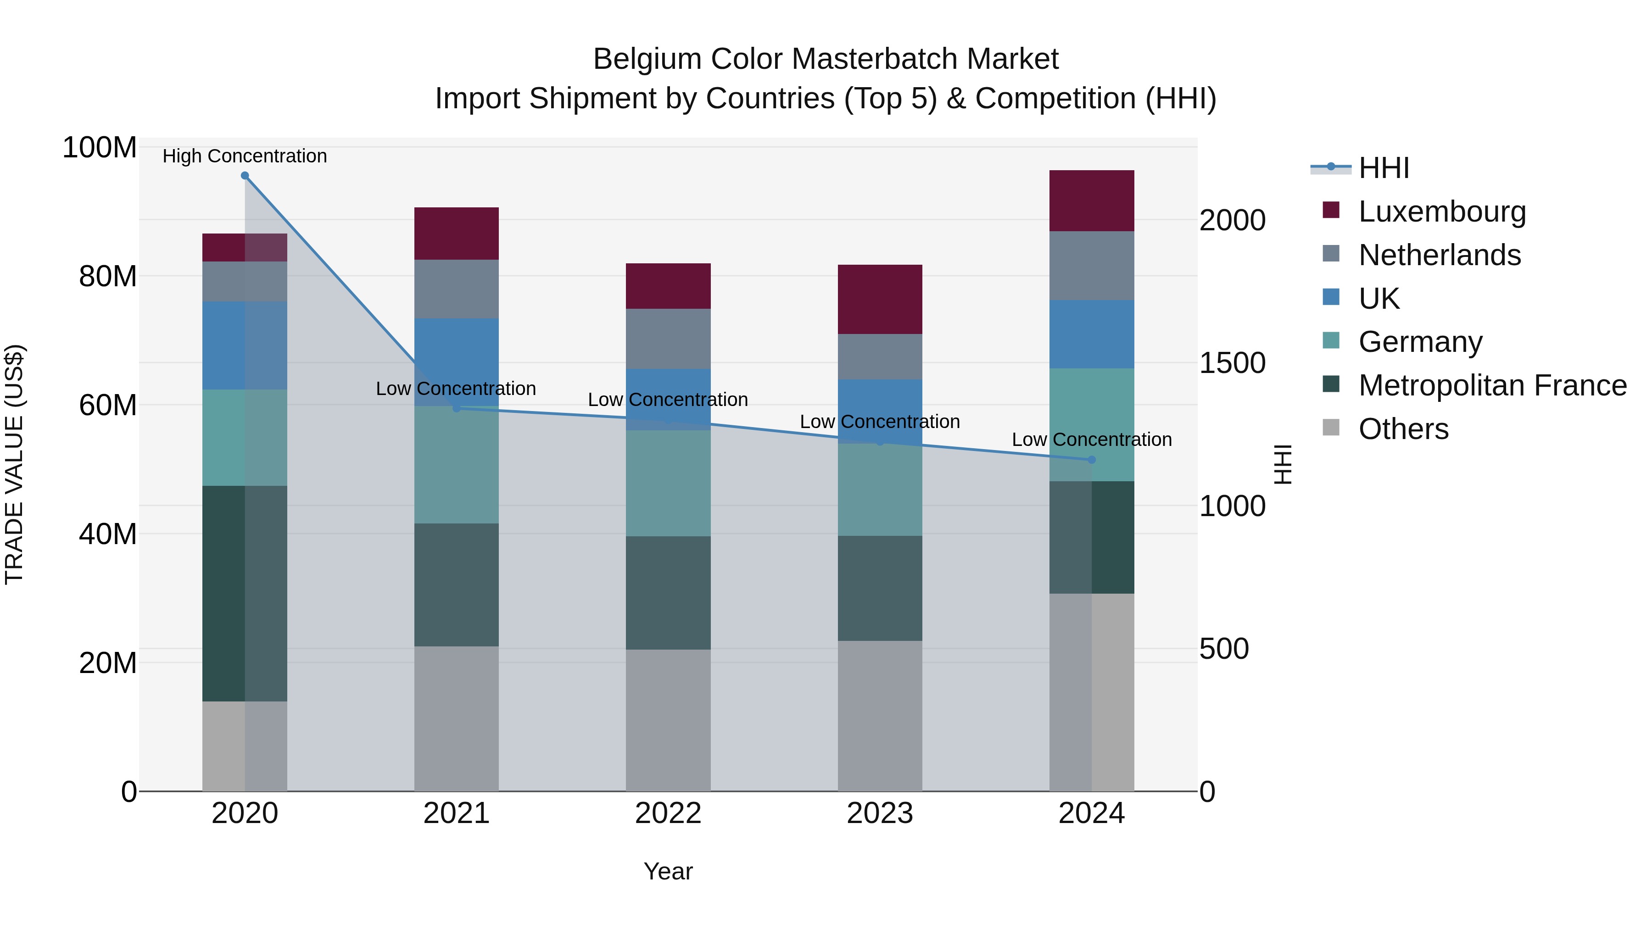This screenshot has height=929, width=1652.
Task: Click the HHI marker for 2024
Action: click(x=1092, y=460)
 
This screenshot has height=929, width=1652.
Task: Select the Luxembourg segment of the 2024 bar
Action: click(x=1092, y=200)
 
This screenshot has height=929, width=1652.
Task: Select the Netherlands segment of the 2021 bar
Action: click(x=457, y=289)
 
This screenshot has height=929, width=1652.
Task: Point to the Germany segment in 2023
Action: click(x=880, y=489)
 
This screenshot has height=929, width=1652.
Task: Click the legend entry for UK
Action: click(x=1379, y=298)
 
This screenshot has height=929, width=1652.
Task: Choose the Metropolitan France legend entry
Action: click(x=1492, y=385)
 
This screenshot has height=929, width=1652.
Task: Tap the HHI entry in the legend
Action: click(x=1384, y=168)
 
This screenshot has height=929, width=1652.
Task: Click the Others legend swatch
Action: click(x=1331, y=428)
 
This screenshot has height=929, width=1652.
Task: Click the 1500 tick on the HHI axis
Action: click(x=1232, y=363)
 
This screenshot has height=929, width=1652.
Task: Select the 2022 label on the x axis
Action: click(x=668, y=813)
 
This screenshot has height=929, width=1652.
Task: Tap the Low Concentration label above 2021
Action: click(x=456, y=389)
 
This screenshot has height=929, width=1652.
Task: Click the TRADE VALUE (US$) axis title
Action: click(x=14, y=464)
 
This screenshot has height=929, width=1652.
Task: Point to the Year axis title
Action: click(x=668, y=871)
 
